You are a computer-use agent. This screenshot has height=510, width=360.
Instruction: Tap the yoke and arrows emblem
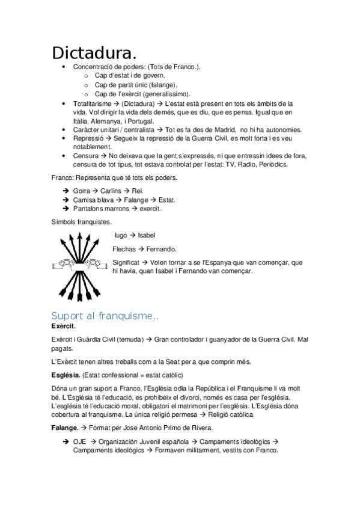click(x=78, y=263)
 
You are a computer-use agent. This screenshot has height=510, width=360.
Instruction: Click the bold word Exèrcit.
click(x=64, y=326)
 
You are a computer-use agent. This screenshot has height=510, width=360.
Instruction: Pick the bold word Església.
click(x=66, y=375)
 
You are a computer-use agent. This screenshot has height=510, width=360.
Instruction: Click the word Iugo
click(x=120, y=235)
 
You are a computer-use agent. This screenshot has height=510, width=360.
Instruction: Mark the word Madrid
click(x=220, y=130)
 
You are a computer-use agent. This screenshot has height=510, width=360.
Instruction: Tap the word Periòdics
click(x=270, y=164)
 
